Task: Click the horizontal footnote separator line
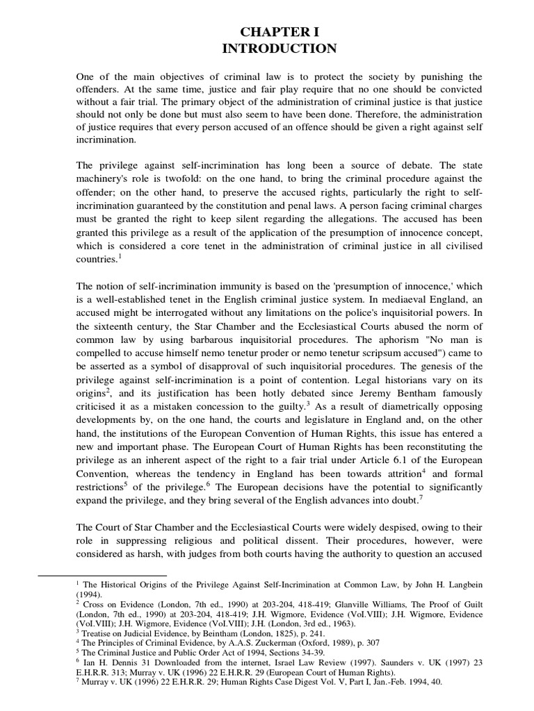[x=102, y=575]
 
